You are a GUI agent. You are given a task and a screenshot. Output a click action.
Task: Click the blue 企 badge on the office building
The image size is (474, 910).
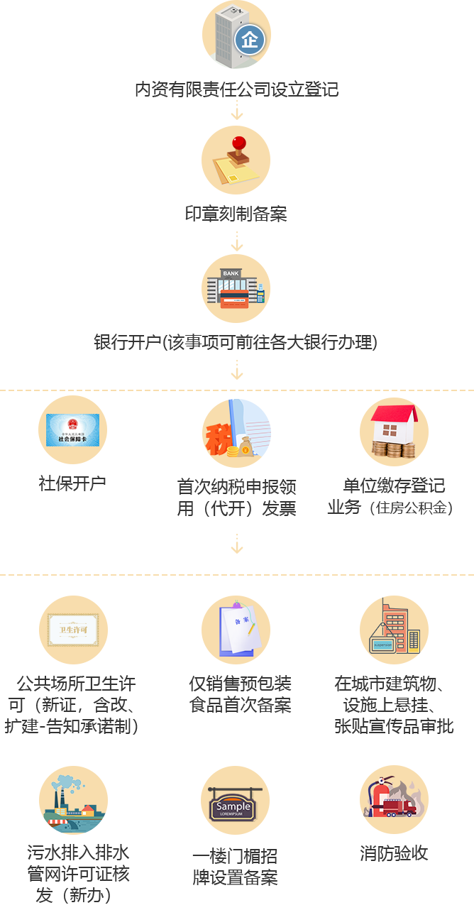pos(249,40)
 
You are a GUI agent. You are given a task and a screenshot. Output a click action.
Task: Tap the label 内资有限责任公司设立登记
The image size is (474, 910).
pos(237,89)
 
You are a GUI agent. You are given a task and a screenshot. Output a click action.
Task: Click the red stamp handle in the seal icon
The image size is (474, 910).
pos(239,144)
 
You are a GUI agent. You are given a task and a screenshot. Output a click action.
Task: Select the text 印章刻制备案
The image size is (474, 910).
pos(236,214)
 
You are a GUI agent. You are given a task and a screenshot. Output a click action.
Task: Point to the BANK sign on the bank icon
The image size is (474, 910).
pos(231,273)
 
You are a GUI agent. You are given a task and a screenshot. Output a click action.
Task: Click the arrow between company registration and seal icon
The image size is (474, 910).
pos(237,111)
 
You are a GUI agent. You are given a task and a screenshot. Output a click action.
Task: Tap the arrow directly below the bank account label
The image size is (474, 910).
pos(237,371)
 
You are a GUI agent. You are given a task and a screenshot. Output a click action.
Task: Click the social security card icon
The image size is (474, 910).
pos(72,430)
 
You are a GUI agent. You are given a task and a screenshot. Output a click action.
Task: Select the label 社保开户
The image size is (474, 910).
pos(72,483)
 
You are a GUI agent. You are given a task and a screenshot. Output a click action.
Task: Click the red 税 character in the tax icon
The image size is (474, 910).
pos(218,439)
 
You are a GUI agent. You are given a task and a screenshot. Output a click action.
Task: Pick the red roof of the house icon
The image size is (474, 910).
pos(395,414)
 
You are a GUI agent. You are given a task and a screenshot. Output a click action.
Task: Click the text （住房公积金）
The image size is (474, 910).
pos(411,508)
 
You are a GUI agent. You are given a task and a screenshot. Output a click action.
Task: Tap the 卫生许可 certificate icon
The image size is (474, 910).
pos(73,630)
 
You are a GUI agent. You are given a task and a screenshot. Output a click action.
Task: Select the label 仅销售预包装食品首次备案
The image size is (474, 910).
pos(240,694)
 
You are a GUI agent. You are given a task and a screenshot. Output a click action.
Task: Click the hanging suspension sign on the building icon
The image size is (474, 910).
pos(382,645)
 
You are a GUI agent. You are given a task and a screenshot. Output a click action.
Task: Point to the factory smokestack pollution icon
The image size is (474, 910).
pos(74,800)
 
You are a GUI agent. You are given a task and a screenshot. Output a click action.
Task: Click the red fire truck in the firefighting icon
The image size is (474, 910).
pos(399,807)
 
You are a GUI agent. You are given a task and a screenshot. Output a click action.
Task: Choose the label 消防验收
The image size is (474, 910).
pos(394,853)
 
